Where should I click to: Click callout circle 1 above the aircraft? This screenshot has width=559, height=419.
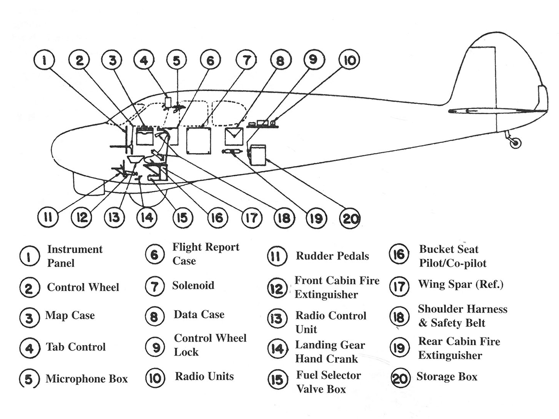(x=44, y=60)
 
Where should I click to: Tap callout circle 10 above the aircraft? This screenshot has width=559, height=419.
(x=349, y=60)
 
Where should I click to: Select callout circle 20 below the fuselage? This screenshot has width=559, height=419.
(x=350, y=218)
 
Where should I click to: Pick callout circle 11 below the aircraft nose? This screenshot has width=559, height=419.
(x=48, y=217)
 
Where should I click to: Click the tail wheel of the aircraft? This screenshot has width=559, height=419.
(x=515, y=143)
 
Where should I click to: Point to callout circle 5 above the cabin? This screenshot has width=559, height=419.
(x=177, y=60)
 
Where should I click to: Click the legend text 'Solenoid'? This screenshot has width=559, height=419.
(x=193, y=286)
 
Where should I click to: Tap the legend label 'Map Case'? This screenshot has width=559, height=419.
(x=70, y=315)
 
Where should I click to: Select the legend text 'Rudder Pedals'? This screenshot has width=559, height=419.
(x=332, y=256)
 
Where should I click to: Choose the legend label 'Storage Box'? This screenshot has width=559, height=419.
(x=447, y=377)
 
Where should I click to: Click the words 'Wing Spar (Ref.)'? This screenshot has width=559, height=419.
(x=461, y=285)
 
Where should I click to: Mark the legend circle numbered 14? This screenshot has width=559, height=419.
(x=278, y=349)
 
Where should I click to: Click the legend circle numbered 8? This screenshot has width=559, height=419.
(x=155, y=317)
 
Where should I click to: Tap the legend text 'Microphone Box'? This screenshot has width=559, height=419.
(x=86, y=379)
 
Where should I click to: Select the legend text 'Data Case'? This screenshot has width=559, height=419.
(x=199, y=315)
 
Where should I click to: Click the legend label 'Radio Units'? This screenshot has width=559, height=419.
(x=204, y=377)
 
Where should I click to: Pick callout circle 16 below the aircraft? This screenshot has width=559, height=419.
(x=217, y=218)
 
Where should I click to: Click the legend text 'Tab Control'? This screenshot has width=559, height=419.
(x=76, y=347)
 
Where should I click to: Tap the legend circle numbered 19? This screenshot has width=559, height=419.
(x=399, y=348)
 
